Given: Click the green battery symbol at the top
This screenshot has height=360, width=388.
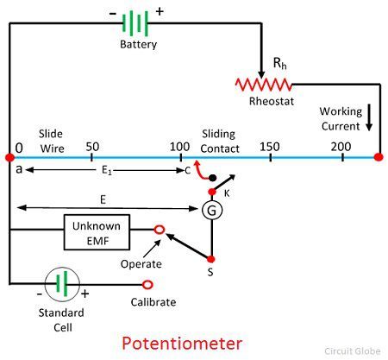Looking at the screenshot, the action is (135, 23).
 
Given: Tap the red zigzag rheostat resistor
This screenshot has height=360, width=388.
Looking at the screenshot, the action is (264, 85).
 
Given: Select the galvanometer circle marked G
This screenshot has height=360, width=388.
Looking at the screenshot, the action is (212, 211).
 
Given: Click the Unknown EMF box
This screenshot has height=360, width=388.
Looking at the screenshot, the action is (97, 232).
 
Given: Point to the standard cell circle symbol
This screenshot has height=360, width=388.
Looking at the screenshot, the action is (62, 284).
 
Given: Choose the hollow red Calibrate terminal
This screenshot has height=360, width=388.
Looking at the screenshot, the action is (147, 285).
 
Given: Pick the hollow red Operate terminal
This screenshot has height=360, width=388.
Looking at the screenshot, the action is (160, 230).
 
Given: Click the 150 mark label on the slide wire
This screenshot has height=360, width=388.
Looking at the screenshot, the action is (270, 147).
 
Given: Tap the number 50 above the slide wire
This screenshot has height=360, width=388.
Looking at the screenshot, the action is (92, 147).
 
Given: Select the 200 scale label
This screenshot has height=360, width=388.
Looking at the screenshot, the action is (341, 147).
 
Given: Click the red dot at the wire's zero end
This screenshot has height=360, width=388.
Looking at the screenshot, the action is (9, 157).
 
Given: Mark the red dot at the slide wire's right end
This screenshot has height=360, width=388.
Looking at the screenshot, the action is (379, 157).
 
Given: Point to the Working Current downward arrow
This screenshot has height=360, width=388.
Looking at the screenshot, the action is (369, 117).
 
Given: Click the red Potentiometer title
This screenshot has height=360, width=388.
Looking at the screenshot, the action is (182, 344).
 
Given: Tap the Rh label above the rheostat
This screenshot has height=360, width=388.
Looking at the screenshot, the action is (279, 63).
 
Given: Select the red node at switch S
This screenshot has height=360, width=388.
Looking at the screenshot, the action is (211, 259).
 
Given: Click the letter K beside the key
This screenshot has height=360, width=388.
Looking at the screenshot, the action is (227, 193).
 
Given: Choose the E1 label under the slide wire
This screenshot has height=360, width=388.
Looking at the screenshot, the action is (107, 170).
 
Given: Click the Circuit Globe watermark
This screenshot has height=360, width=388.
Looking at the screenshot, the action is (353, 351).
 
